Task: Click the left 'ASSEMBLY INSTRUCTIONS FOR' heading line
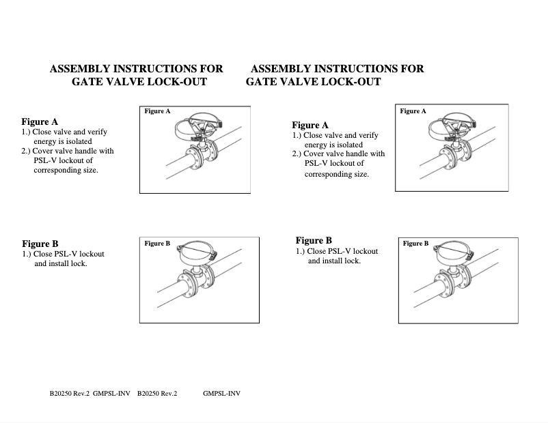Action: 137,69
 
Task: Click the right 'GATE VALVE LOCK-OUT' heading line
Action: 313,82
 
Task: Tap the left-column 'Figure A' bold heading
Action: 40,121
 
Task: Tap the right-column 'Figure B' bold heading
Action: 314,240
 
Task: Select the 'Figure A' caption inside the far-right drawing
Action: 413,111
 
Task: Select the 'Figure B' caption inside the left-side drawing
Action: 157,244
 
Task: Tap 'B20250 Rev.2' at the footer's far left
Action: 70,394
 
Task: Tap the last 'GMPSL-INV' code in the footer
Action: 221,394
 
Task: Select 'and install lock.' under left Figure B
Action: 61,263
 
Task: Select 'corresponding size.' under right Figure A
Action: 337,174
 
